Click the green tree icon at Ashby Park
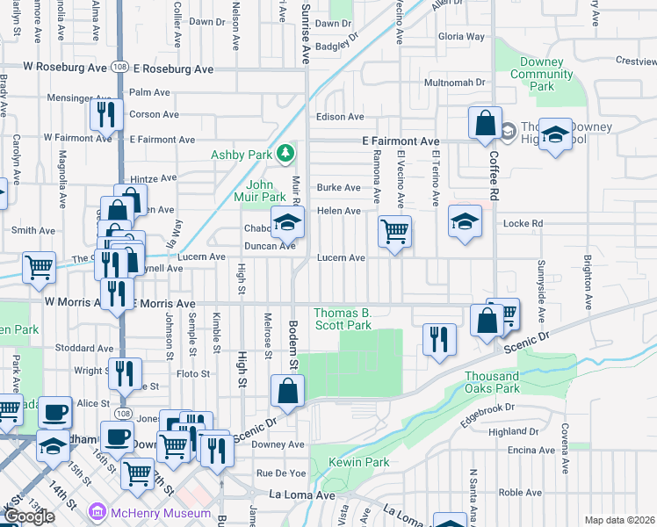tap(285, 155)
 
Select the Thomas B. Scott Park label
tap(343, 319)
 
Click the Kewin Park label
tap(358, 462)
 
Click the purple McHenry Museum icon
tap(96, 512)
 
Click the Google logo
tap(29, 516)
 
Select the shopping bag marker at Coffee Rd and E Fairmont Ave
tap(485, 124)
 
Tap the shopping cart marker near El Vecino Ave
tap(394, 232)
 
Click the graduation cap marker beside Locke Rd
tap(465, 221)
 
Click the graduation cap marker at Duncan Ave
tap(286, 223)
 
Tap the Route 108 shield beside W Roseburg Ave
tap(119, 68)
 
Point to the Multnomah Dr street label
tap(454, 82)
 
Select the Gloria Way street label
tap(461, 37)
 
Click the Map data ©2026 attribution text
tap(620, 520)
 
